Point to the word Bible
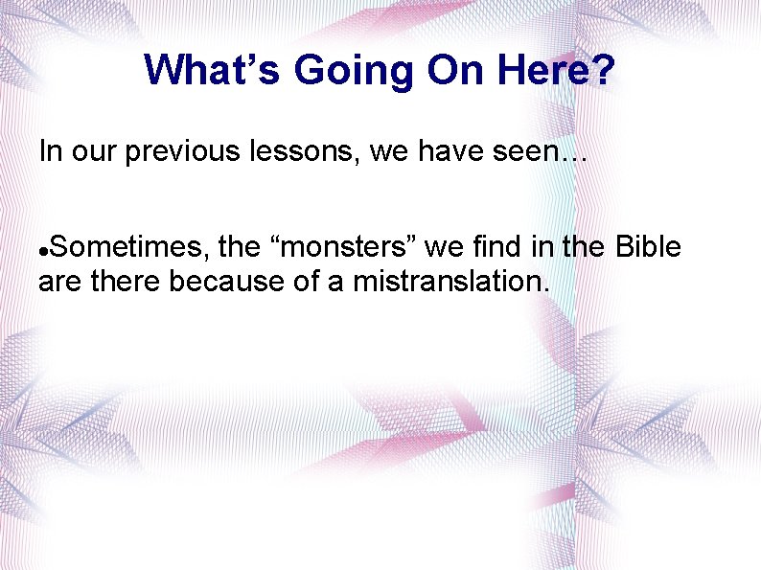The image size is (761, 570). tap(647, 248)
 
